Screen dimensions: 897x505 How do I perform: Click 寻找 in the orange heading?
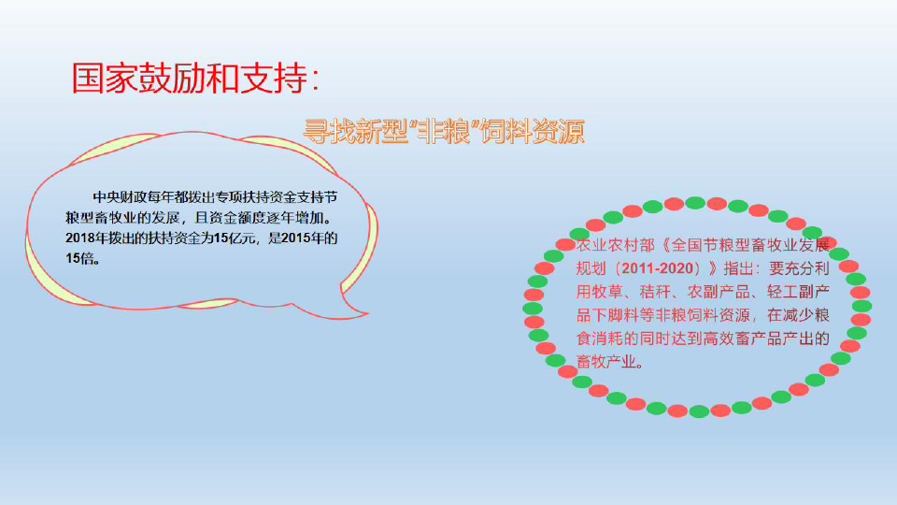329,132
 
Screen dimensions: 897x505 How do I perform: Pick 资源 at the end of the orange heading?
559,132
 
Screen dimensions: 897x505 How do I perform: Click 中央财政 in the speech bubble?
120,197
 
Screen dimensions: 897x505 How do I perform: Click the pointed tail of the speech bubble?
366,313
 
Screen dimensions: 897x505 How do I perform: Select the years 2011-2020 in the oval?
657,268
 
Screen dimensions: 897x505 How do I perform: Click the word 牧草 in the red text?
607,292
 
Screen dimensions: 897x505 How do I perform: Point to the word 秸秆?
655,292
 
